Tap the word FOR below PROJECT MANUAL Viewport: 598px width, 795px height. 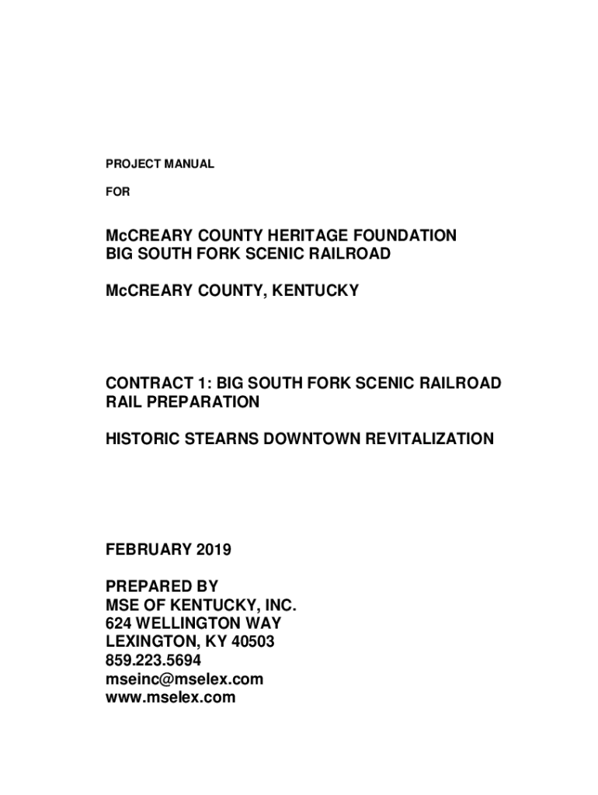(118, 191)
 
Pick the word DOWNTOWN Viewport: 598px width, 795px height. (314, 439)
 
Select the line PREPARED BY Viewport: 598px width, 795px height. (162, 586)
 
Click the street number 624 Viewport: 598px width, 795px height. (120, 623)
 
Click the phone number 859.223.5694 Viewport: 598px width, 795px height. (154, 661)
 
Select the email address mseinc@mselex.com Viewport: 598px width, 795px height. (185, 679)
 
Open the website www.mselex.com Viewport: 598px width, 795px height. (171, 698)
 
